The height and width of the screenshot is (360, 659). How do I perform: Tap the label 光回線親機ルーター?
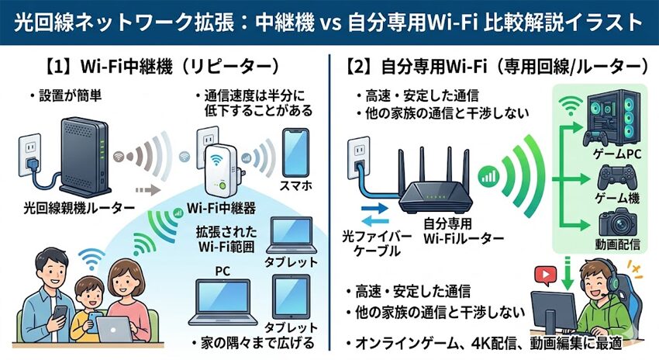(68, 208)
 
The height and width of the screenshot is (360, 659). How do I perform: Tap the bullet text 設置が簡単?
(65, 96)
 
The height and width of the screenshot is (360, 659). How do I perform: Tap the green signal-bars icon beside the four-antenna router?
(490, 181)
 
